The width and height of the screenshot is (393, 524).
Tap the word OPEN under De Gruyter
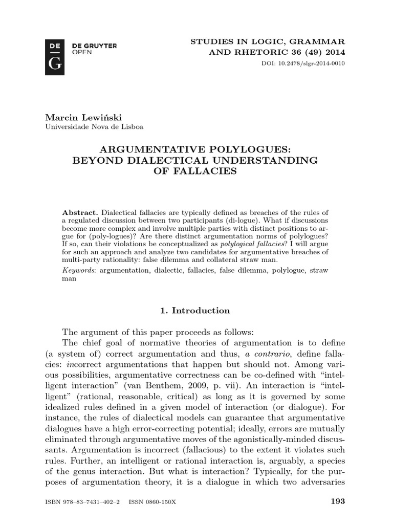[x=78, y=52]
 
